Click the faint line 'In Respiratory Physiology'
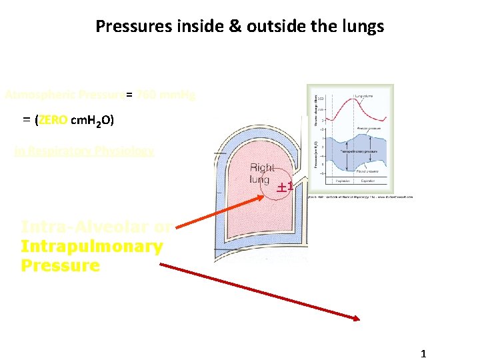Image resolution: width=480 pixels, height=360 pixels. click(84, 151)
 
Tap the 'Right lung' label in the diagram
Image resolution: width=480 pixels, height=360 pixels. click(259, 174)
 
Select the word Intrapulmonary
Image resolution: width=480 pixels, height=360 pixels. click(91, 246)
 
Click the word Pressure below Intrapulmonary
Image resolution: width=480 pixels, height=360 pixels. click(60, 265)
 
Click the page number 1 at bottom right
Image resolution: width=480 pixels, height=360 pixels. click(423, 354)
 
